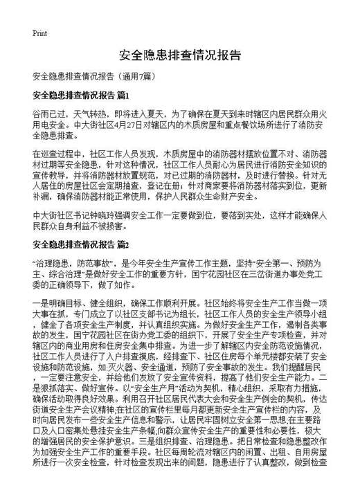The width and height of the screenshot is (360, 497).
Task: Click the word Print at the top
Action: pyautogui.click(x=39, y=33)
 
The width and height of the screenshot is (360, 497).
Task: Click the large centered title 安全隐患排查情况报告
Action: pyautogui.click(x=180, y=55)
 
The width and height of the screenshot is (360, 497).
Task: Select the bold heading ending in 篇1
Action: pyautogui.click(x=81, y=95)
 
